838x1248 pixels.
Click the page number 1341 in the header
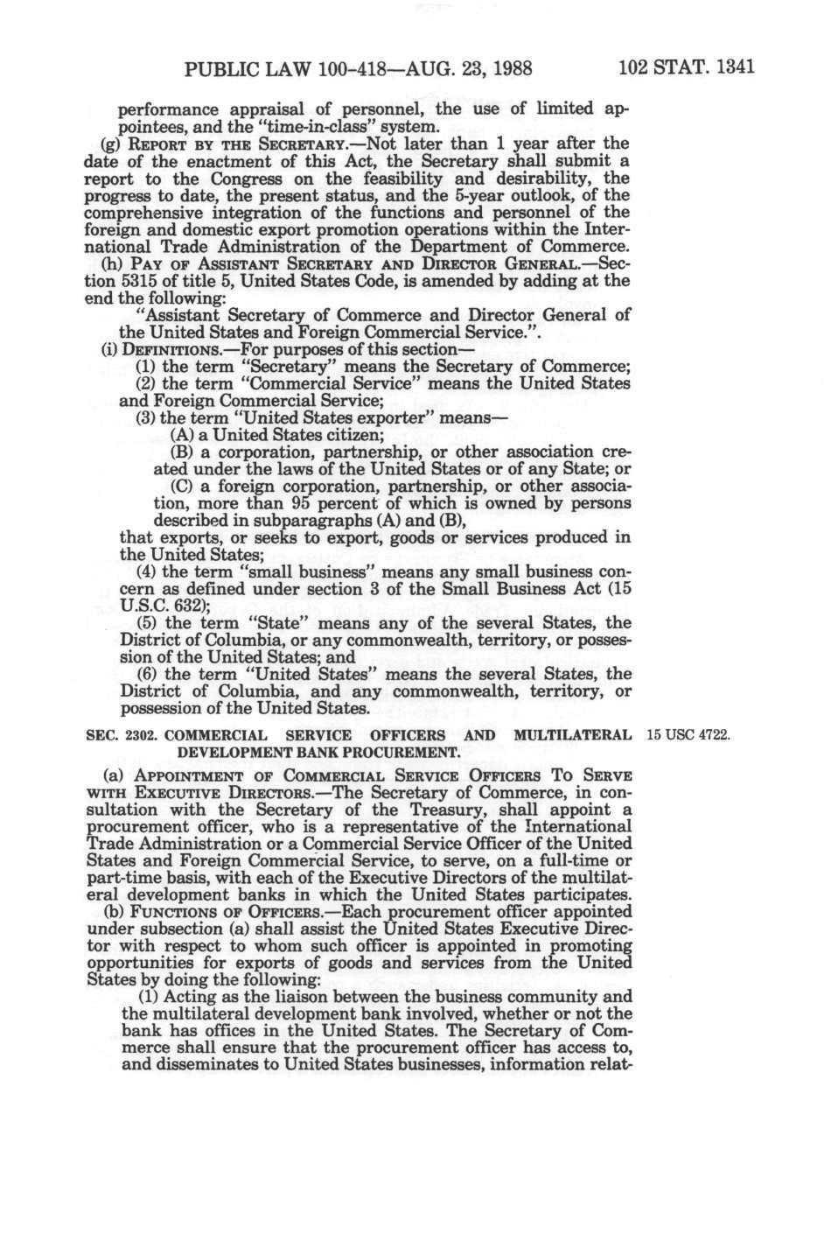click(x=731, y=67)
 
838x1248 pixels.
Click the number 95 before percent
click(x=303, y=503)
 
